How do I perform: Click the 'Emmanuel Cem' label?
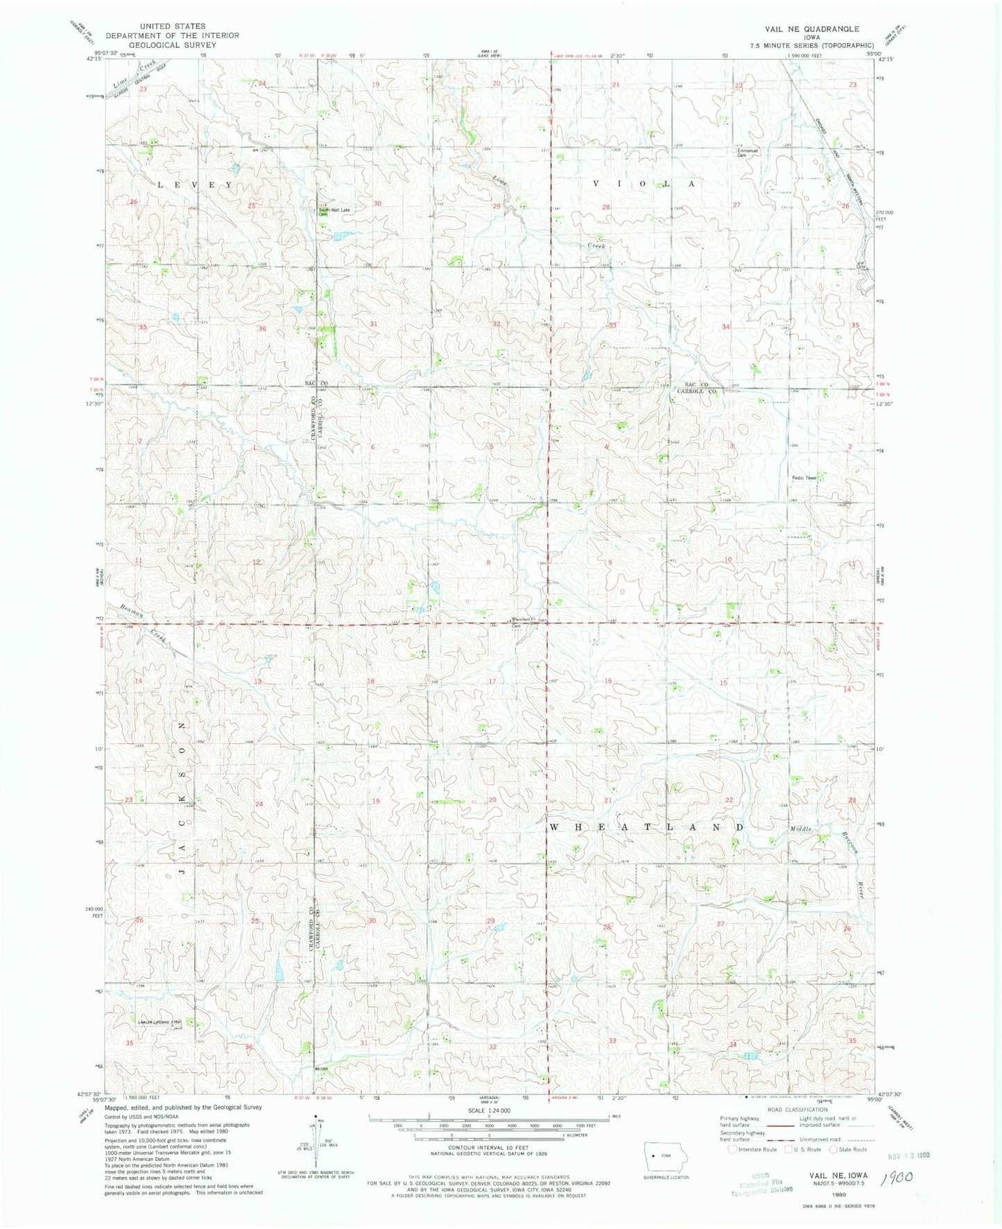coord(748,153)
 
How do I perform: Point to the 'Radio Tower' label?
coord(805,477)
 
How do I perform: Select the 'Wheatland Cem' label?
coord(521,621)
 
